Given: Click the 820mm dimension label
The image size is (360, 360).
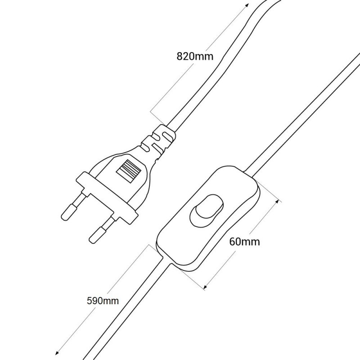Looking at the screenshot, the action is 195,56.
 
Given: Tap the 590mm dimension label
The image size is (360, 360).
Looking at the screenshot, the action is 103,301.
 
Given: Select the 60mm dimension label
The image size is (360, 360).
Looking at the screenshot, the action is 244,242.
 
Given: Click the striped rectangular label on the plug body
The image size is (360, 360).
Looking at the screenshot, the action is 128,171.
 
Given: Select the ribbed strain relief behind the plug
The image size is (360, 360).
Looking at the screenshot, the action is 158,142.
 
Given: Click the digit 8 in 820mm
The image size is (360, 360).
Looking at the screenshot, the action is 180,56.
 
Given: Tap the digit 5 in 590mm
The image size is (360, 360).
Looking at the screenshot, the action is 90,301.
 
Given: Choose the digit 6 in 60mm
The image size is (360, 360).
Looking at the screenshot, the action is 232,242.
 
